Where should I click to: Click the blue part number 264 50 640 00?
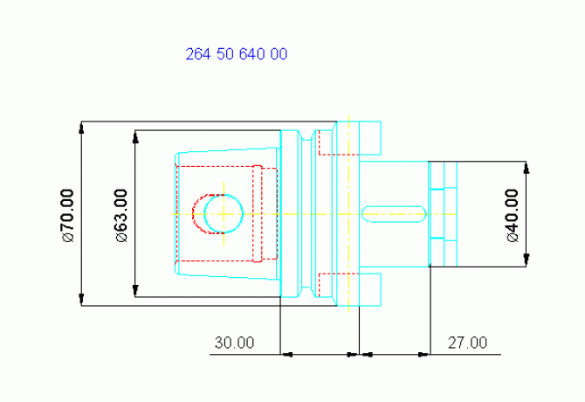pos(237,54)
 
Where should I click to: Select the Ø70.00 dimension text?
pos(68,216)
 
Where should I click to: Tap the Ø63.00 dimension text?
pos(121,216)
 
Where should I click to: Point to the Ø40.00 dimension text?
pos(513,216)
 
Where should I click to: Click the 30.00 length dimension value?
pos(234,343)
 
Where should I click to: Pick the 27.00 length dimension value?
pos(467,343)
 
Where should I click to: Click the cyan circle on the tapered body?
pos(224,214)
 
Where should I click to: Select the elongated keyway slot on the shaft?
pos(394,214)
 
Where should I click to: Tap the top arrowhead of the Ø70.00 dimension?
pos(81,128)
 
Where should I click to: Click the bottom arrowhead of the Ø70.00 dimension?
pos(81,300)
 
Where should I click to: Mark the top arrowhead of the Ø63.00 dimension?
pos(135,137)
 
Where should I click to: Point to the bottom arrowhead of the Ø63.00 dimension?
pos(135,291)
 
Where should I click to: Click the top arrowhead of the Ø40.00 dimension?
pos(526,168)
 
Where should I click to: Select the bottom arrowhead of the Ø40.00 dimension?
pos(526,260)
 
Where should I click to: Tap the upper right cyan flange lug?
pos(370,138)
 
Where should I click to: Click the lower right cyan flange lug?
pos(370,289)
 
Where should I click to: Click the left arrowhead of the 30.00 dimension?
pos(286,354)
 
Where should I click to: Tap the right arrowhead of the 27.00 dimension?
pos(423,354)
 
